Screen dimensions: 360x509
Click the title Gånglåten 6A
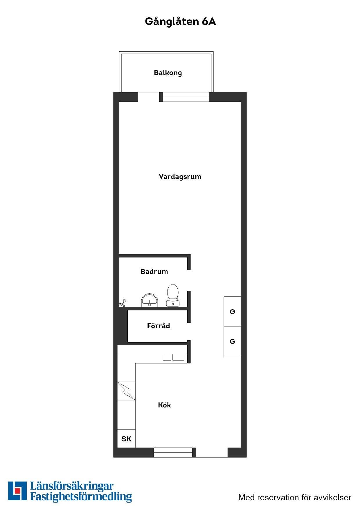point(180,22)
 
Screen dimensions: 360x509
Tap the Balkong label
point(168,73)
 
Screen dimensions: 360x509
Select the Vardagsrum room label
point(180,177)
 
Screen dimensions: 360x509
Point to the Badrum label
point(154,272)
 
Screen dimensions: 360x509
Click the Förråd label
point(159,326)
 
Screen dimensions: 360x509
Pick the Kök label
point(164,405)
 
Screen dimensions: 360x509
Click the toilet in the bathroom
point(173,295)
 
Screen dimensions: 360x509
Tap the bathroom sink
point(150,300)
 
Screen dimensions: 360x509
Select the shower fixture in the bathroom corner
point(123,303)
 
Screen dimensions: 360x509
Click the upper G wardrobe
point(232,312)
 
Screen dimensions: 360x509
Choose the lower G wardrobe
point(232,342)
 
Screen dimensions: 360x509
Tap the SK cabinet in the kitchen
point(126,439)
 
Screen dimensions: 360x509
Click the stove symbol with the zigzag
point(126,391)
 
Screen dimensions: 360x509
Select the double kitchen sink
point(173,357)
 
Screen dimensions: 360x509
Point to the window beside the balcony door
point(186,97)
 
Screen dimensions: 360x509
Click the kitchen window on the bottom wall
point(173,452)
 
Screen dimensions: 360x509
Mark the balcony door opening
point(149,97)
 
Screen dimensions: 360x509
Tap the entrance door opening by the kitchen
point(212,452)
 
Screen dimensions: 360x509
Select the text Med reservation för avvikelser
point(295,497)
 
